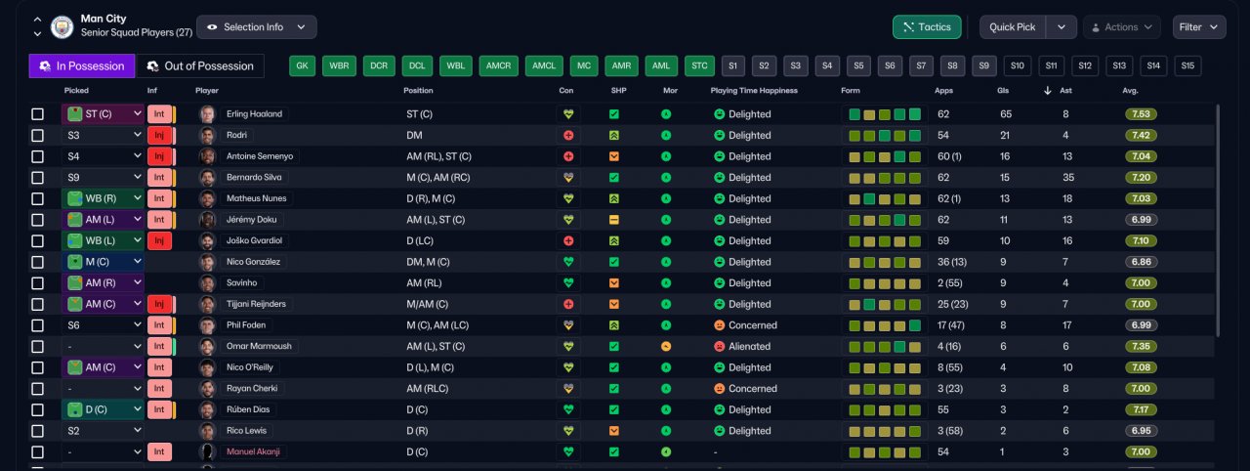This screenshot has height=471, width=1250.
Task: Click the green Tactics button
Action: point(927,26)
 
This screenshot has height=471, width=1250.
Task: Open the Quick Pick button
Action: point(1012,26)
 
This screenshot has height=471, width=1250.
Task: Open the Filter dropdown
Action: point(1198,26)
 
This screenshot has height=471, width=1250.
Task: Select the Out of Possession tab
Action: point(200,65)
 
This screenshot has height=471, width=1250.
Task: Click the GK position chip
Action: point(302,65)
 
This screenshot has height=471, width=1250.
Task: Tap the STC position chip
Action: point(699,65)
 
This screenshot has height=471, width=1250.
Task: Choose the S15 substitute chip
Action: point(1187,65)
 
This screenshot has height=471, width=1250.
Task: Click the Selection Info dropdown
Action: point(257,26)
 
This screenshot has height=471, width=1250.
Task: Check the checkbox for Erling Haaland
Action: point(37,114)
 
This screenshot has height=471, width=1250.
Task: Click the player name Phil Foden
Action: point(245,324)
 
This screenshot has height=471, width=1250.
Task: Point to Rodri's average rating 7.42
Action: point(1141,135)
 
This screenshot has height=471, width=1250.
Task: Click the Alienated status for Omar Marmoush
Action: point(749,346)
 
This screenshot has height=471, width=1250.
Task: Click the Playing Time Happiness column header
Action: point(754,91)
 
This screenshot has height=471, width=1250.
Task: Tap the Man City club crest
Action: point(62,26)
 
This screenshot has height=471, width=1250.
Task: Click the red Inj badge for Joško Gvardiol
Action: point(159,240)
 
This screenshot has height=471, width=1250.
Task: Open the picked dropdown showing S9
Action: point(103,178)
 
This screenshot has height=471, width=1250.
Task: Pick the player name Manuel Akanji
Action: point(253,451)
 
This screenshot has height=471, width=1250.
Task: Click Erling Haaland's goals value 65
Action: point(1006,114)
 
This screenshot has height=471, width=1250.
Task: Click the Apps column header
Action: point(943,91)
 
